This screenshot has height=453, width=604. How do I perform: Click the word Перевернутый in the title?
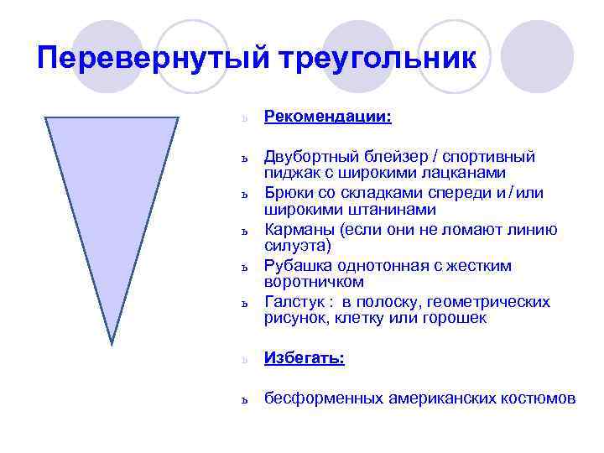[151, 59]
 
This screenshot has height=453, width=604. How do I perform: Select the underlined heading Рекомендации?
[328, 116]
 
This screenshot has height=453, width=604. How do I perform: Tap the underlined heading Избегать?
[305, 357]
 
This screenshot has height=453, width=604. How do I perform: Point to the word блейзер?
[393, 157]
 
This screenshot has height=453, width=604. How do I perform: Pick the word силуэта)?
[298, 245]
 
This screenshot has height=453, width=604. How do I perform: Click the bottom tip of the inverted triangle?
[112, 342]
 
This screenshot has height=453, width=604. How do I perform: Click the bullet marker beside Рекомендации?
[243, 118]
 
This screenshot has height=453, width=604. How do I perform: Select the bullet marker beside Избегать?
[243, 360]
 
